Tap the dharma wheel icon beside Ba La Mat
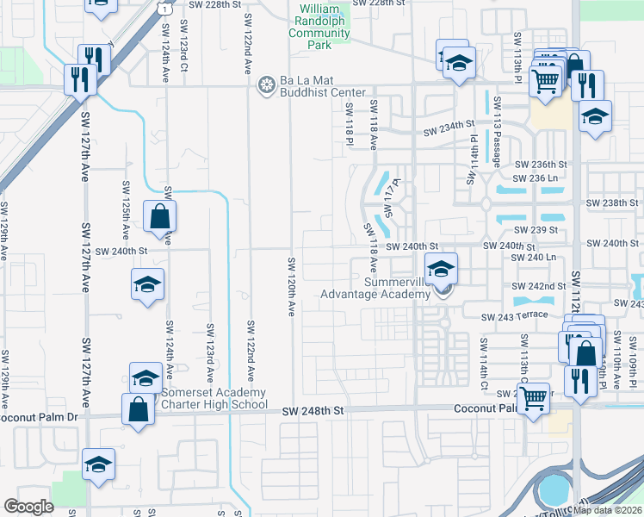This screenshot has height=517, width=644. click(267, 85)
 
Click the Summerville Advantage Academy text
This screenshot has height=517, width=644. click(375, 288)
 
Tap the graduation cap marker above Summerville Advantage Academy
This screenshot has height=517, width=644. click(441, 269)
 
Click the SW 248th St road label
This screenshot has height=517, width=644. click(313, 413)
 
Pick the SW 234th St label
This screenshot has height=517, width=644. click(449, 132)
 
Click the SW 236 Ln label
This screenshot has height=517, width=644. click(541, 177)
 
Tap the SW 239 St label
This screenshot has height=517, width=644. click(536, 230)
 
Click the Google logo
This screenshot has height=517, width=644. click(28, 507)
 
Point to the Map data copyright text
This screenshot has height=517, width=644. click(607, 510)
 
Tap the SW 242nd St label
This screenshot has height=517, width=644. click(539, 285)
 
